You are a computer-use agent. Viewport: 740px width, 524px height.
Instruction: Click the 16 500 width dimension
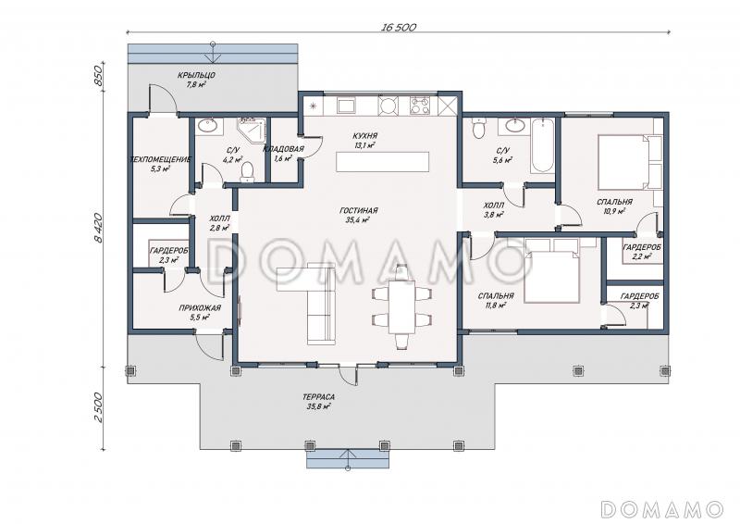399,28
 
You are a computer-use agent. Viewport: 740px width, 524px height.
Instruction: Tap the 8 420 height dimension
98,228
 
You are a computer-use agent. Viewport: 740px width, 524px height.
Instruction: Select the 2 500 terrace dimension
98,407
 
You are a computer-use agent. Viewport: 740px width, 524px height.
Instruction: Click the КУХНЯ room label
364,136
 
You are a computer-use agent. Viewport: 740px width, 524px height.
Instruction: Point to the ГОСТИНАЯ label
359,211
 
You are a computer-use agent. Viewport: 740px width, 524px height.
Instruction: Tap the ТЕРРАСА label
318,397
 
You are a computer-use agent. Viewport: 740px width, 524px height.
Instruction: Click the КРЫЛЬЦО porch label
196,76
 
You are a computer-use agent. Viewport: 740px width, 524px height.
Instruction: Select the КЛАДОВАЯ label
283,149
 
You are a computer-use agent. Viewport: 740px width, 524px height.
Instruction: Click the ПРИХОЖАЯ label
200,308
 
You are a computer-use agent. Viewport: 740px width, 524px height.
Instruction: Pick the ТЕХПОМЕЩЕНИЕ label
160,160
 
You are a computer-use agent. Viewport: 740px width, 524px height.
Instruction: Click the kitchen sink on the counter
346,106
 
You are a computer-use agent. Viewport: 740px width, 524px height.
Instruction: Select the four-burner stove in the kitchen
420,106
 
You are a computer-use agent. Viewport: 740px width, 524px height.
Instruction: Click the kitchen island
383,162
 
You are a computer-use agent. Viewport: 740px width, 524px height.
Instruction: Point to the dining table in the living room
401,307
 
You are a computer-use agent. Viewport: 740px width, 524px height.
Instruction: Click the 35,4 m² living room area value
359,219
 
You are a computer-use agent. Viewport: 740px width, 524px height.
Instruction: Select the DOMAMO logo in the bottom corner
662,509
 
